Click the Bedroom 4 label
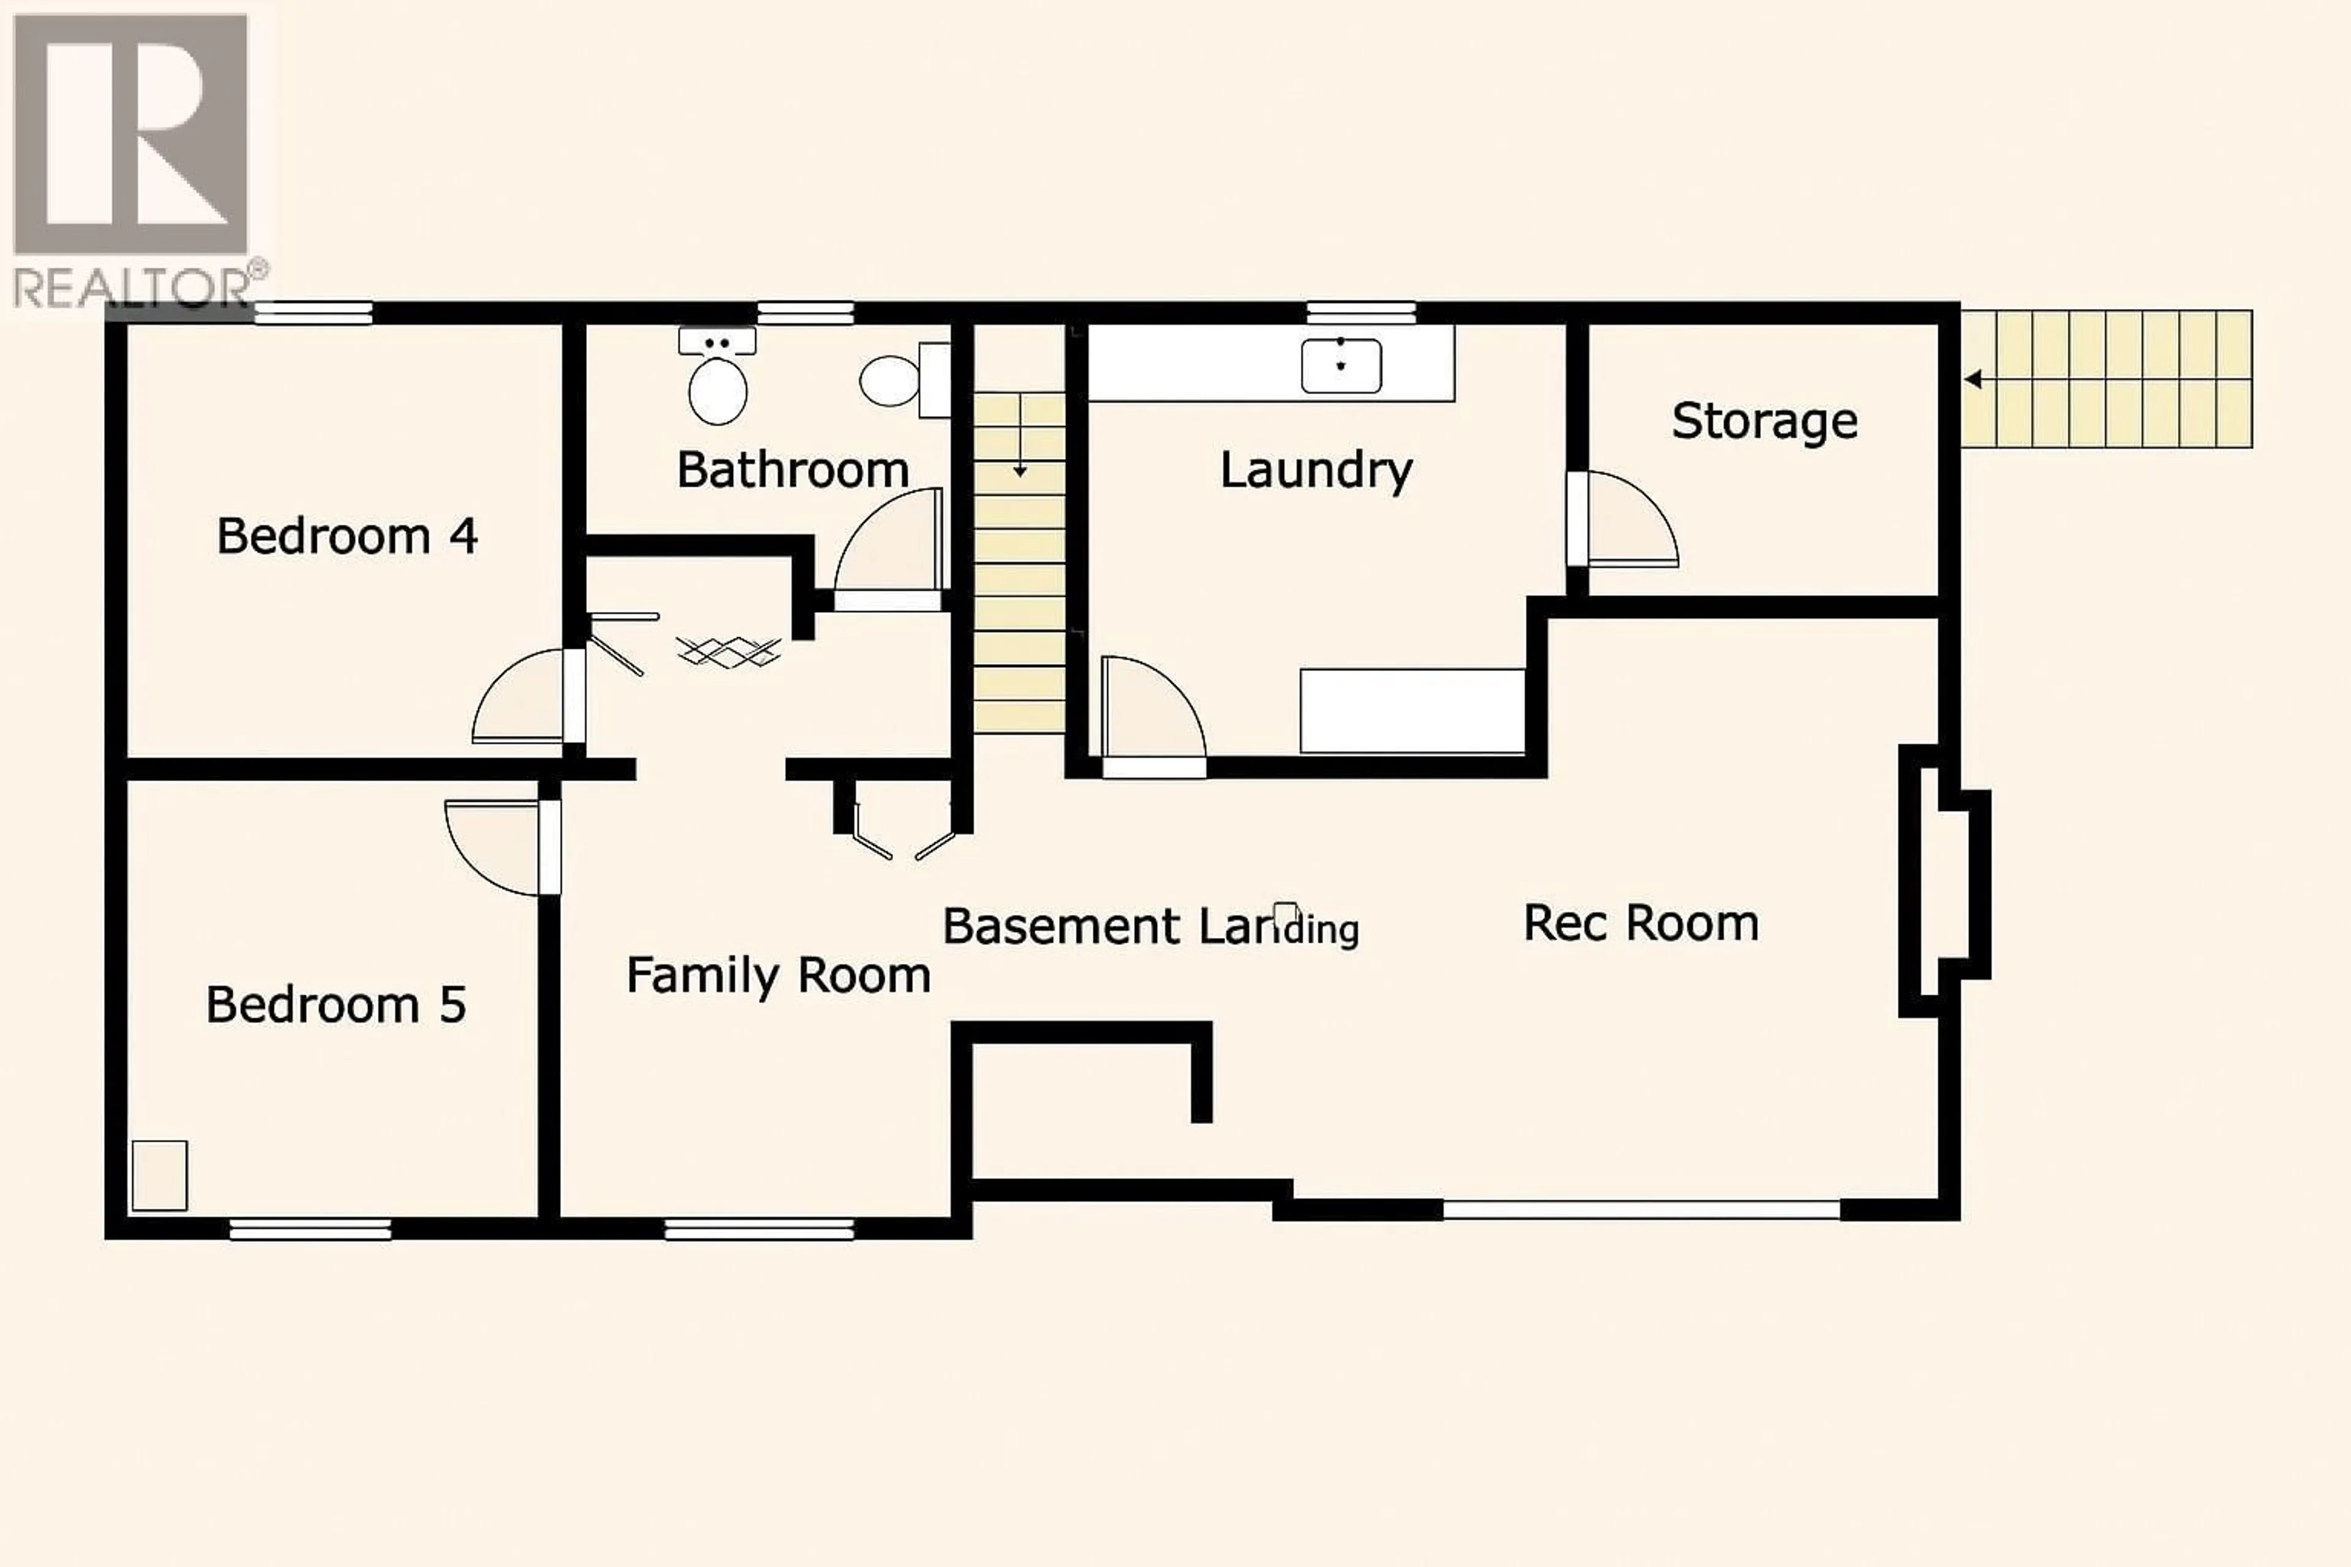[347, 537]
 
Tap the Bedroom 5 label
[336, 1004]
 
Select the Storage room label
[1764, 421]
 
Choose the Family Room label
[778, 975]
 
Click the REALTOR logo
[132, 160]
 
